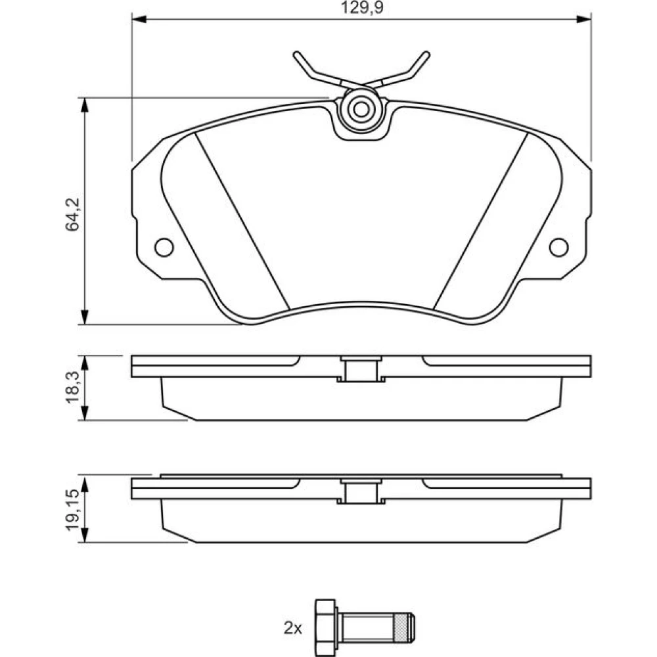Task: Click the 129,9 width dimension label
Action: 362,7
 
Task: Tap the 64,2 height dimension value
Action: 72,214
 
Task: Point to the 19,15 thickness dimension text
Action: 72,510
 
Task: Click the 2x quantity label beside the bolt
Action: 293,627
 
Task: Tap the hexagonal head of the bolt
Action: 326,627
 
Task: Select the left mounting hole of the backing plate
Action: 164,247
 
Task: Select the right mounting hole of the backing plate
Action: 558,247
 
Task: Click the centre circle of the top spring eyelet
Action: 361,109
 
